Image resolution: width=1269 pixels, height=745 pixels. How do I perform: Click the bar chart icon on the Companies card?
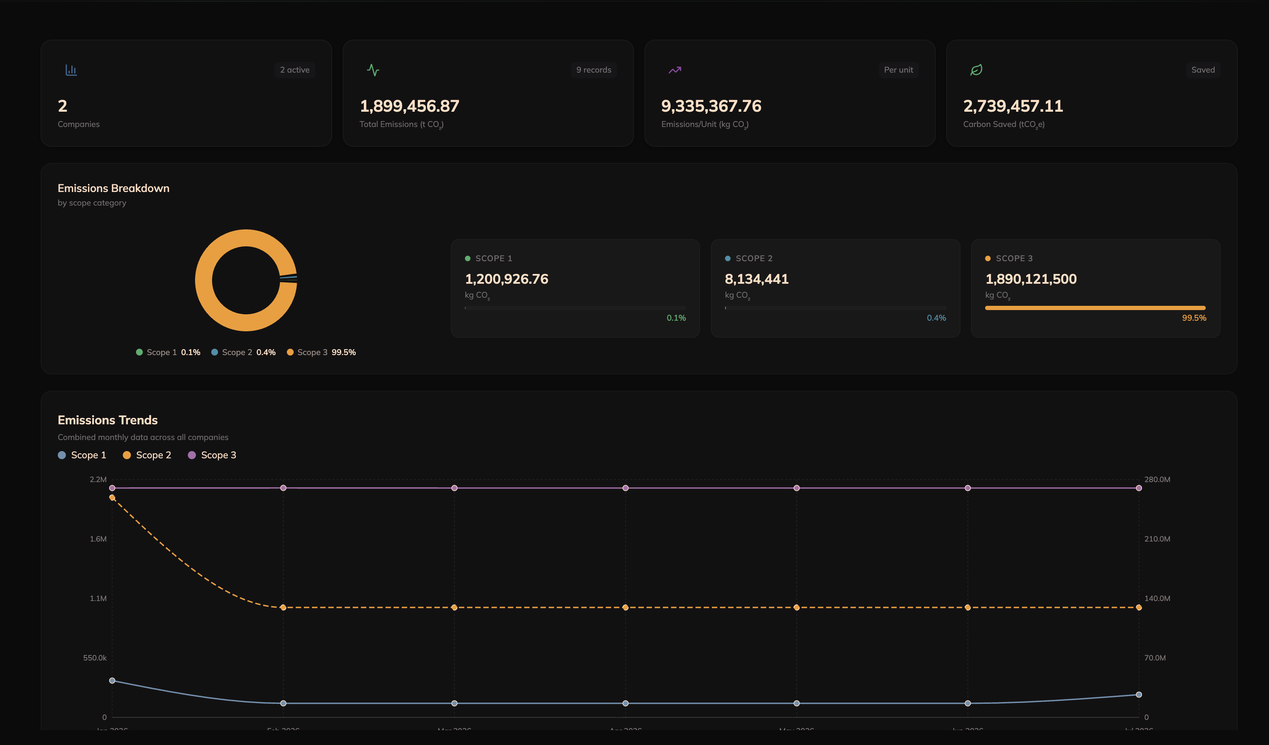[71, 70]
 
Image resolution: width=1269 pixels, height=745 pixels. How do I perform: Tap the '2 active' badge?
[295, 70]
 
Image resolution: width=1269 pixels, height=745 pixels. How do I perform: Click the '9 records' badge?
[593, 70]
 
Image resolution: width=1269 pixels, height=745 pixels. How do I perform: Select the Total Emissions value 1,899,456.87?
[409, 106]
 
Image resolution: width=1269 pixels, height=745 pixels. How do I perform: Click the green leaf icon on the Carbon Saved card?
[976, 70]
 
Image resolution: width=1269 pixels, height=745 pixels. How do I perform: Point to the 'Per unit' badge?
[898, 70]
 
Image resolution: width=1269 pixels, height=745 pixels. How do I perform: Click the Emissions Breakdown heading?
[113, 188]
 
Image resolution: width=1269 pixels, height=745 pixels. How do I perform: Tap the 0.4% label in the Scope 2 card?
[936, 318]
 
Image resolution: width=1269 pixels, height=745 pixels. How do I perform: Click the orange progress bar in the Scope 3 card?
[1094, 308]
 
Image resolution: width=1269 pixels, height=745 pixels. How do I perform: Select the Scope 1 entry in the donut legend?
[168, 353]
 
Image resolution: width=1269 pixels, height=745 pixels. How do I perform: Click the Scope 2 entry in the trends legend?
[147, 455]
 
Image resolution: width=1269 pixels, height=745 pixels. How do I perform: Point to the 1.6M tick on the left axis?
[98, 539]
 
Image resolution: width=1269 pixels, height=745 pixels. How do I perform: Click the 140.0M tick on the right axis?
[1157, 598]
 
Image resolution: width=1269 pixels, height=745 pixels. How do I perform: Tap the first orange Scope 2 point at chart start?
[112, 497]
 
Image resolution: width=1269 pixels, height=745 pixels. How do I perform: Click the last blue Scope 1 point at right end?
[1138, 694]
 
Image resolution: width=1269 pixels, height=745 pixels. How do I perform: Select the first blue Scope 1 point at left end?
[112, 680]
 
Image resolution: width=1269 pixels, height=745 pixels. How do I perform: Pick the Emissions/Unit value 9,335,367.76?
[711, 106]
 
